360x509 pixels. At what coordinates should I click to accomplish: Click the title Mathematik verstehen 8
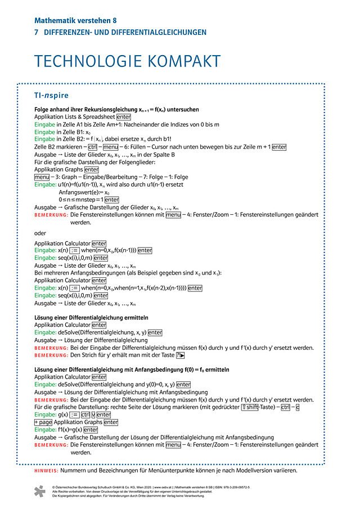pos(75,20)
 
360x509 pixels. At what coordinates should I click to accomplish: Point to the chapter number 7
pos(37,33)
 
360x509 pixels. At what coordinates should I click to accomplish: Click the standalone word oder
pos(40,233)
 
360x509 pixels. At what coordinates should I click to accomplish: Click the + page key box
pos(43,422)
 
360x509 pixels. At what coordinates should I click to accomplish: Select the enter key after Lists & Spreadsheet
pos(123,117)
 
